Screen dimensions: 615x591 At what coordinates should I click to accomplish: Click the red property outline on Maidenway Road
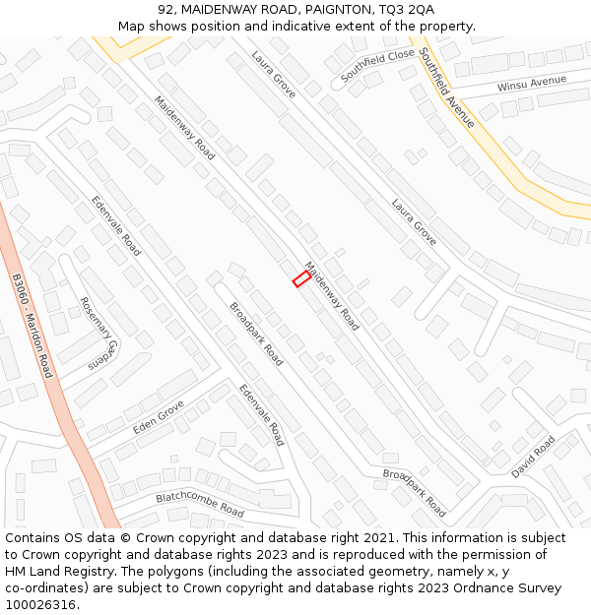301,279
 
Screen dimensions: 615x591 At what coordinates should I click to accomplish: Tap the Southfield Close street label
377,66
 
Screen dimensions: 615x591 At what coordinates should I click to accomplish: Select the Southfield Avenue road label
446,87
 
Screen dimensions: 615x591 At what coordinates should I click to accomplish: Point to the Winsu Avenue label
531,84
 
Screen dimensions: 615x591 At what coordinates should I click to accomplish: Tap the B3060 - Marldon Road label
33,326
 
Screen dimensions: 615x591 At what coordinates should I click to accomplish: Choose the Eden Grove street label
159,418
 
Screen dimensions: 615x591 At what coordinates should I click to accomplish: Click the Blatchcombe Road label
200,505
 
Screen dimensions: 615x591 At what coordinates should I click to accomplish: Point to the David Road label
533,457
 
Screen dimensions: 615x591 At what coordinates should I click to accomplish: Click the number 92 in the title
164,9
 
